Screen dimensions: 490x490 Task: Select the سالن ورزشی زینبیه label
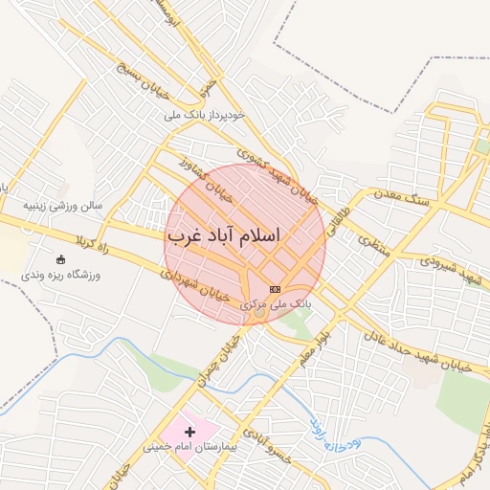click(x=63, y=205)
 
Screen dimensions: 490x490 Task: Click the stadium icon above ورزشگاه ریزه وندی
click(x=62, y=259)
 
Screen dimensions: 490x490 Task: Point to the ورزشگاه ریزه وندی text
click(x=61, y=275)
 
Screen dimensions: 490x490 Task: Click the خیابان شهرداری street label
click(x=195, y=286)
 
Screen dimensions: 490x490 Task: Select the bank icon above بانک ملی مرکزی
click(x=276, y=289)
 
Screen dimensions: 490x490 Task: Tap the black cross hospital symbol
click(x=189, y=433)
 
